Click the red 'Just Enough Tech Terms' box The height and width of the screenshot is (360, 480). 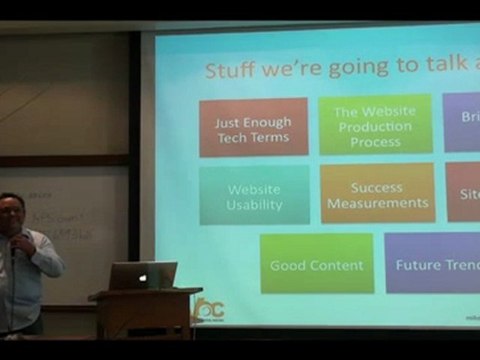tap(253, 127)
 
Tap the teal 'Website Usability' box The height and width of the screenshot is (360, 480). tap(254, 196)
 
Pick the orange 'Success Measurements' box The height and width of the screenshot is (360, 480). tap(377, 194)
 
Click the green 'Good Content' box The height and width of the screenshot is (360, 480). tap(316, 265)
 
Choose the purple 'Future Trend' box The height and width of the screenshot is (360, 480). tap(432, 264)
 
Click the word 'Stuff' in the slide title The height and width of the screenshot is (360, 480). tap(229, 71)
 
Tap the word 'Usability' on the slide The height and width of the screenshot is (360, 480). tap(254, 205)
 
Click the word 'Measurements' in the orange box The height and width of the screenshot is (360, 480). tap(377, 203)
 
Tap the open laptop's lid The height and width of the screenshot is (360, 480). tap(142, 275)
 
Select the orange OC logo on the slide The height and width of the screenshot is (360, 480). tap(208, 310)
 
